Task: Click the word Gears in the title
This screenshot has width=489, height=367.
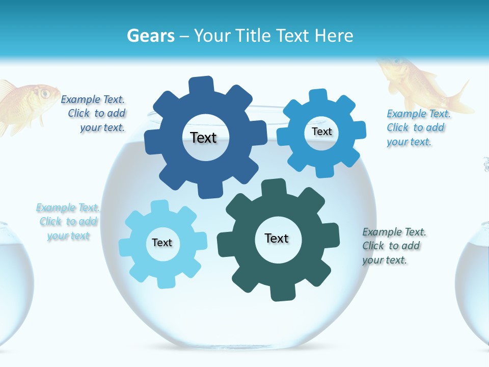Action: [151, 36]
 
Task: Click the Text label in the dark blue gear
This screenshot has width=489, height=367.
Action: [203, 138]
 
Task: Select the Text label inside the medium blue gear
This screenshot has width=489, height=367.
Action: [322, 132]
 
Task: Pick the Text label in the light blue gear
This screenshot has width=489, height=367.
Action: [162, 243]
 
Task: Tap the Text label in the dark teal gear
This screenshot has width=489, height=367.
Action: [277, 238]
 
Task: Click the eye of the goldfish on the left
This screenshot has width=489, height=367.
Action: [45, 93]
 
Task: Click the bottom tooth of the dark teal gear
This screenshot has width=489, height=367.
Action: [280, 293]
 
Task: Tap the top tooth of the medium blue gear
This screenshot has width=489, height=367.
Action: [318, 97]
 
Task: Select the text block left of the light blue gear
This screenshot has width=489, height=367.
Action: [68, 222]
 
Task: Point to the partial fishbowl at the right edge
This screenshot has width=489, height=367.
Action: [474, 285]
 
